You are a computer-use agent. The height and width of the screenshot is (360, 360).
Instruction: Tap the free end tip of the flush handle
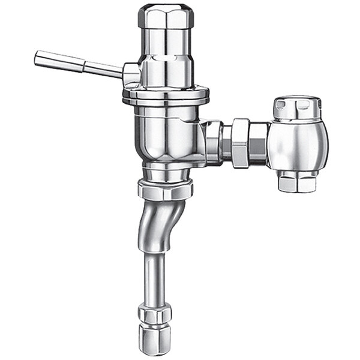point(38,57)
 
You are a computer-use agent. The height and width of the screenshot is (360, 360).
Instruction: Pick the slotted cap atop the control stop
point(298,107)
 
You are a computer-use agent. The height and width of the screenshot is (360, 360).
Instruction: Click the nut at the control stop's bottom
point(297,180)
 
